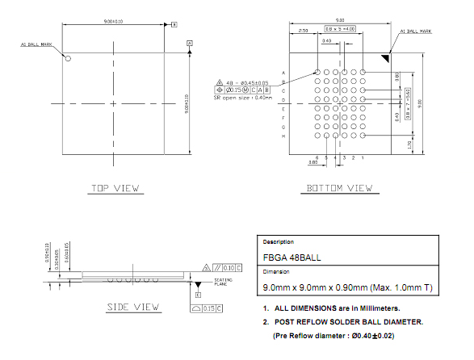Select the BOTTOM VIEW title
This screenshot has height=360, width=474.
coord(339,188)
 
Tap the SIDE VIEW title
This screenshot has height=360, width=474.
coord(133,308)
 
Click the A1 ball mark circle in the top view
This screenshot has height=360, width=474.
coord(69,58)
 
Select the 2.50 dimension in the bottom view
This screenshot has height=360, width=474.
coord(303,30)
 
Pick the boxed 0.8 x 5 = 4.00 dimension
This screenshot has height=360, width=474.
coord(340,29)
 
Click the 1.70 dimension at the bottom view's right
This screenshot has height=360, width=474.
coord(409,145)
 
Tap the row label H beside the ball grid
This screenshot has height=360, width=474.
coord(283,136)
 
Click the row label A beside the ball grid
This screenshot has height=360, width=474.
coord(283,73)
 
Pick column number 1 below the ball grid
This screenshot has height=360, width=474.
coord(363,157)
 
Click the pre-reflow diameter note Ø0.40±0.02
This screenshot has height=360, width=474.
coord(346,334)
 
